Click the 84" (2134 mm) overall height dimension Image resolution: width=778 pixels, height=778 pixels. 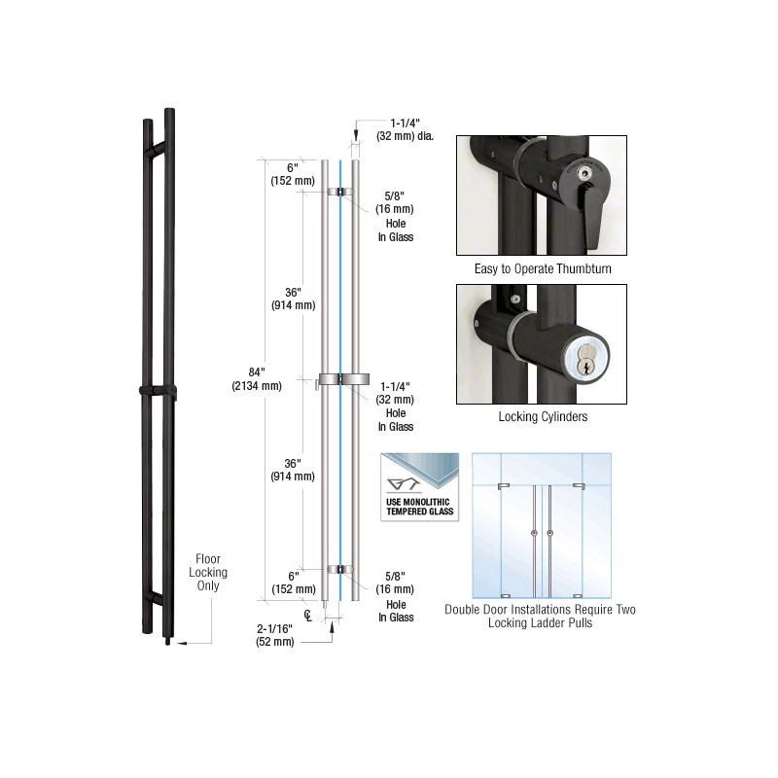click(257, 378)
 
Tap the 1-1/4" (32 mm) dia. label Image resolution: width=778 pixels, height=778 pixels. click(405, 129)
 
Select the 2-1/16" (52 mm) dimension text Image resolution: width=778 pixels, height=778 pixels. click(275, 635)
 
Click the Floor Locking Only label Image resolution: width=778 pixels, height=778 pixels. click(208, 572)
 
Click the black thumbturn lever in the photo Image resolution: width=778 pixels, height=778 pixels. click(590, 214)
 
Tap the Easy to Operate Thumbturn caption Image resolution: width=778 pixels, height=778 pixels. click(543, 269)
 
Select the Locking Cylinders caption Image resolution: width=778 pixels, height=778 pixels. click(543, 416)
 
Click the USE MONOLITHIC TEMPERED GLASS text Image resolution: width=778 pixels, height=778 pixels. click(420, 507)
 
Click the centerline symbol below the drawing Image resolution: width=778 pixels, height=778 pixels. click(308, 616)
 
